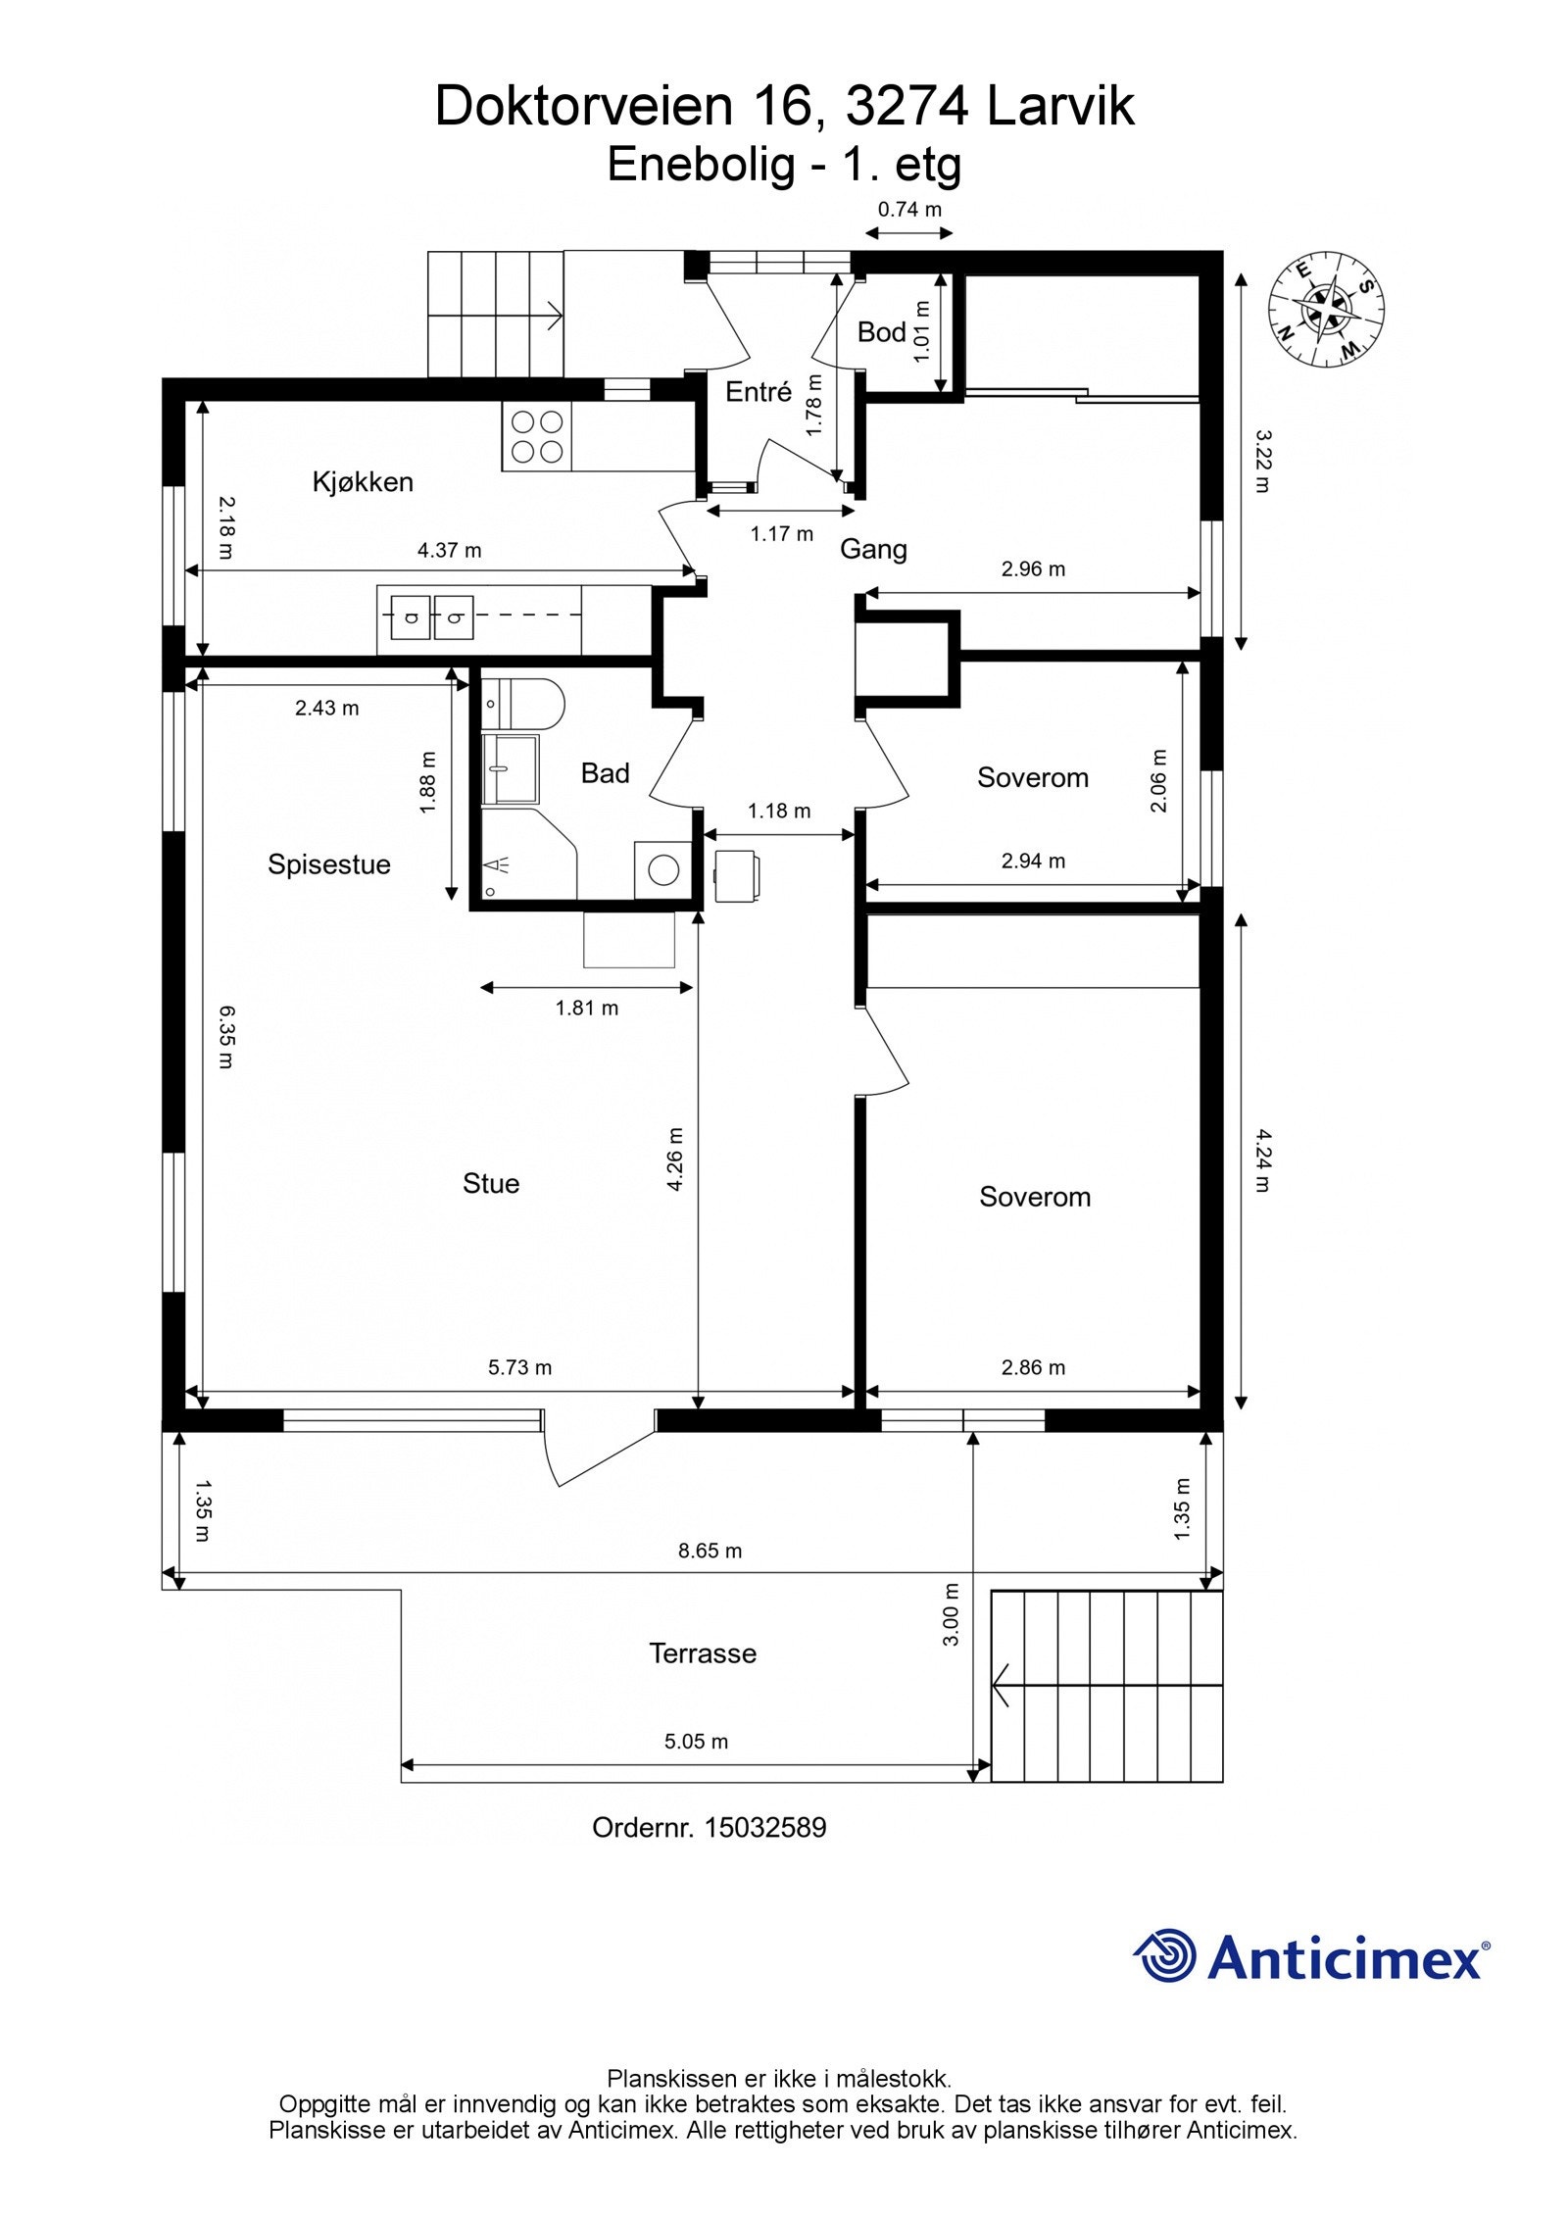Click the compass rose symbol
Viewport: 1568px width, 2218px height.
pos(1326,310)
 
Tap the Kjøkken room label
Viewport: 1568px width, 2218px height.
pos(363,482)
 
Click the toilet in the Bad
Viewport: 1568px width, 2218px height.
pos(524,704)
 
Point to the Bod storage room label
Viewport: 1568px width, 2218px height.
pos(881,332)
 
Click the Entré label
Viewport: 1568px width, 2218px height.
pos(758,392)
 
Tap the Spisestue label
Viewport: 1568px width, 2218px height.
pos(329,864)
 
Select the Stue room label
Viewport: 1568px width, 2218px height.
pos(491,1183)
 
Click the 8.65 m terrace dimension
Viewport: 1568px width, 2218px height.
pos(710,1551)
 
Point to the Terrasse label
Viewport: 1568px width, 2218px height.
pos(703,1653)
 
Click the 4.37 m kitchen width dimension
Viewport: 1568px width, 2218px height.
pos(450,550)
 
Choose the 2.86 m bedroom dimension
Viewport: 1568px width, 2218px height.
pos(1033,1367)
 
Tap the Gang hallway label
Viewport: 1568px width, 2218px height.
pos(873,550)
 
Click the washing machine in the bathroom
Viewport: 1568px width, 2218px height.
pos(663,869)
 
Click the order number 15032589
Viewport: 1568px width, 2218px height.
pos(765,1828)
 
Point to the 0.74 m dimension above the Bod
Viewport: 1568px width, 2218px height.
pos(909,209)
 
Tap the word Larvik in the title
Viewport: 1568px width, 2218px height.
pos(1060,106)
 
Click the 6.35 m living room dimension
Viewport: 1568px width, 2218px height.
pos(225,1036)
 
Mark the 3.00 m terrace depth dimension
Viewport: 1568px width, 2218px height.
pos(950,1614)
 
